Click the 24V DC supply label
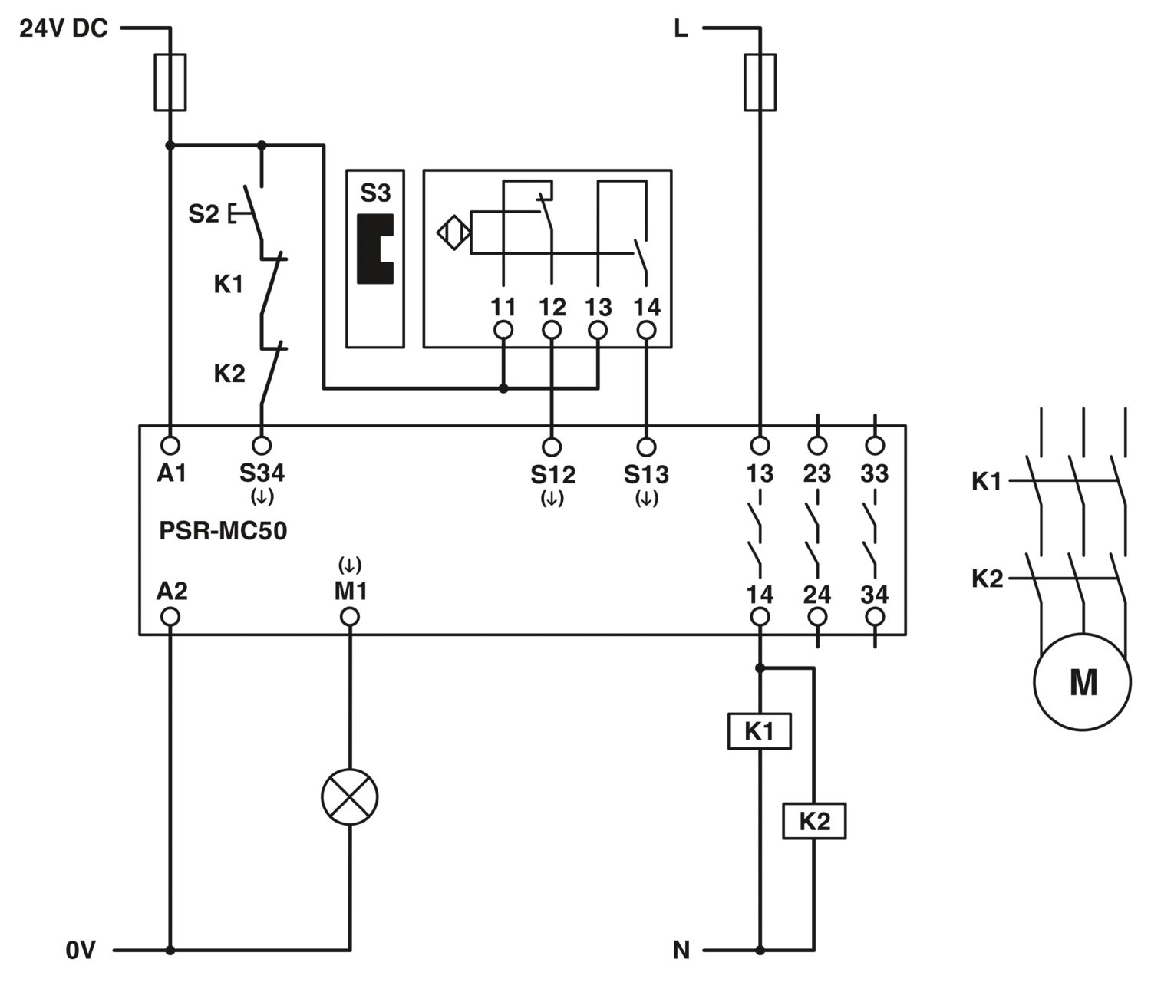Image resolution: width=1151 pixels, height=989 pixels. click(x=64, y=28)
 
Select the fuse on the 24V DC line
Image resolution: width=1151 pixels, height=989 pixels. click(x=170, y=82)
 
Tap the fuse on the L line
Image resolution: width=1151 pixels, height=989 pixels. click(x=760, y=82)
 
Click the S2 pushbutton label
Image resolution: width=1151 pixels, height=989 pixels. click(x=204, y=214)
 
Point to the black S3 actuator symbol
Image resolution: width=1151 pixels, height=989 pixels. click(x=375, y=249)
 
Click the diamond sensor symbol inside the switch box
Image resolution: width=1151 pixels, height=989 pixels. click(x=453, y=232)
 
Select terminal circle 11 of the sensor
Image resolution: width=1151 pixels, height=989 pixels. click(x=503, y=330)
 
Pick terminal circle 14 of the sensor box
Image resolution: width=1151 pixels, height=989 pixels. click(x=647, y=330)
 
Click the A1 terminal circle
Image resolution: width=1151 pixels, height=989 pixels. click(x=170, y=446)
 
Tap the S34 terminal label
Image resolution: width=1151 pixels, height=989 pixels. click(x=262, y=473)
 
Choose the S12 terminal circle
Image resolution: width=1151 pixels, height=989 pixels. click(x=552, y=447)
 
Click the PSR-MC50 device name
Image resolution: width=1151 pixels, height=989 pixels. click(x=223, y=531)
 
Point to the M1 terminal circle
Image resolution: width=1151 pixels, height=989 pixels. click(x=350, y=616)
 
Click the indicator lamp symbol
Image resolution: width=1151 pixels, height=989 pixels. click(x=350, y=797)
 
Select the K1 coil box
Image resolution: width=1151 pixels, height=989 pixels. click(x=760, y=731)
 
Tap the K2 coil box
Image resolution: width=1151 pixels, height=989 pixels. click(x=814, y=821)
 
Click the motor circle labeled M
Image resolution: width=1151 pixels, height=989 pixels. click(x=1083, y=681)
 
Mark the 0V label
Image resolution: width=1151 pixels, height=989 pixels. click(x=81, y=950)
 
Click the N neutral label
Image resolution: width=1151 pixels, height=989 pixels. click(x=681, y=950)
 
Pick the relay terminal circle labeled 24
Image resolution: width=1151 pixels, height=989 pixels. click(x=817, y=616)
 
